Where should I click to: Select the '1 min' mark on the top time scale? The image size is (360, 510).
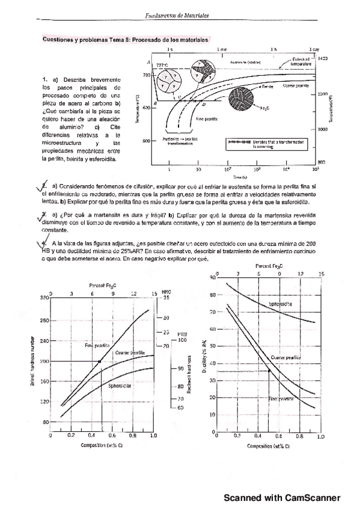point(224,48)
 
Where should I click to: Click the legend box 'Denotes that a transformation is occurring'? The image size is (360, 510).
point(265,143)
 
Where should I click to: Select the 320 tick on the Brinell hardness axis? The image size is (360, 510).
point(44,298)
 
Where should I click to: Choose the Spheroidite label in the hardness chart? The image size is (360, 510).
point(121,386)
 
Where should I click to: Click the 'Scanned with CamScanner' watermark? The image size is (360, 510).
point(282,498)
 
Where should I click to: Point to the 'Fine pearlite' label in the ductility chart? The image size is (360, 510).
point(281,399)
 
